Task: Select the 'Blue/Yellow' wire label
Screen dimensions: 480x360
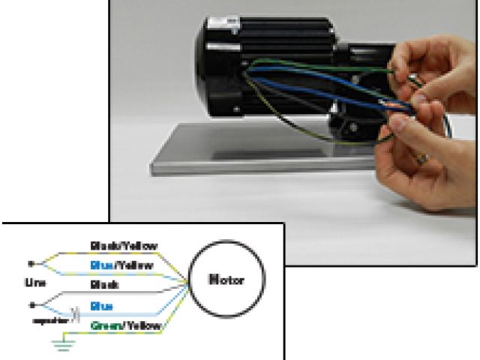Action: point(122,265)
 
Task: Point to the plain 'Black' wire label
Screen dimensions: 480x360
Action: point(102,286)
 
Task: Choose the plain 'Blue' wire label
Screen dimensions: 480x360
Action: point(102,306)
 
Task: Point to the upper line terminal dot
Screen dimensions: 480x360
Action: point(31,263)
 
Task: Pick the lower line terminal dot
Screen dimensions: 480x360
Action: point(31,304)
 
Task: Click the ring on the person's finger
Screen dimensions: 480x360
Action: point(424,158)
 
